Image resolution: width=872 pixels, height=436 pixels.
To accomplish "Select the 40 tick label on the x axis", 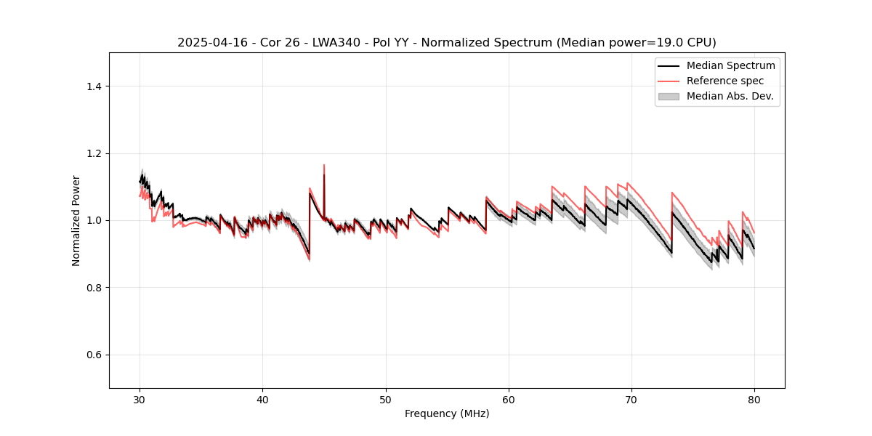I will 263,399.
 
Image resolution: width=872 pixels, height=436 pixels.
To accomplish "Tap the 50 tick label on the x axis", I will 386,399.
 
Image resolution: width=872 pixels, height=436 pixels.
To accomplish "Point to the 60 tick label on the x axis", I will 509,399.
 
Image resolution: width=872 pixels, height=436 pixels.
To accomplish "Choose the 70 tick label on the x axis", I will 631,399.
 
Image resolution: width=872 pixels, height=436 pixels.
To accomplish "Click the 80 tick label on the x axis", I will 754,399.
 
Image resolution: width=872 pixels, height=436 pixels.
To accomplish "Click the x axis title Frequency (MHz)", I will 447,413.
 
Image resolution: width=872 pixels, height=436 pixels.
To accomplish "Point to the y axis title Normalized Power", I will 76,220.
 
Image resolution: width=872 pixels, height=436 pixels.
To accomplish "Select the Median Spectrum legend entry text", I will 730,65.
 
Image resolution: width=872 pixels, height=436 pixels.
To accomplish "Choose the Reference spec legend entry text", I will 725,81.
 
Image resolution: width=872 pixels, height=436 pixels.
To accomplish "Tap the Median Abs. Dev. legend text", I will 730,96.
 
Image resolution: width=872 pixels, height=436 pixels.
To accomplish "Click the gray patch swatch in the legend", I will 669,96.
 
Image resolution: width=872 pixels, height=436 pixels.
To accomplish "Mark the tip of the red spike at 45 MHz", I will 324,165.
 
